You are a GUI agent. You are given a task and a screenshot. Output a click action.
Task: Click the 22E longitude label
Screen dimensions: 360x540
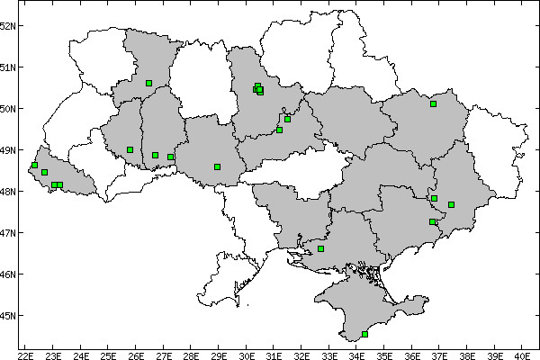(26, 355)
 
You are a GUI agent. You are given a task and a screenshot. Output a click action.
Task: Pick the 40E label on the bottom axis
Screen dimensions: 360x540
(524, 355)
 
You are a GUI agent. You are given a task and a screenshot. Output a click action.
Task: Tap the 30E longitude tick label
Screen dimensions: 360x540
(247, 355)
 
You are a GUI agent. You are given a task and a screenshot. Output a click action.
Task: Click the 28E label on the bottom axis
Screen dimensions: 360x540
(192, 355)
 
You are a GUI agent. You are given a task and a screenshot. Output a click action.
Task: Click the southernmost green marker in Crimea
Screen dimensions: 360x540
(364, 334)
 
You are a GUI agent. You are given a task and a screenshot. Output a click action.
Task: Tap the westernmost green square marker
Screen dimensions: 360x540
(34, 165)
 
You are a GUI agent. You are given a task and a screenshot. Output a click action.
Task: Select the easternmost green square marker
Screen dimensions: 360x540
(452, 204)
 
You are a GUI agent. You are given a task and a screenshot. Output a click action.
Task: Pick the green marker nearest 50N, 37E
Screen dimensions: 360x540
(433, 103)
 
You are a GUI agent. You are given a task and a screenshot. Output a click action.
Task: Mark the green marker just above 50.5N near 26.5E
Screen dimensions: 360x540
(148, 83)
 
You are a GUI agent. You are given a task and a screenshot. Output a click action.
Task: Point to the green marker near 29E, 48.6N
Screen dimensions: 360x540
(218, 166)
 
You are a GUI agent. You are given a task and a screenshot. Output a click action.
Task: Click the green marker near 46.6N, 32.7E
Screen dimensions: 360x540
(320, 248)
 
